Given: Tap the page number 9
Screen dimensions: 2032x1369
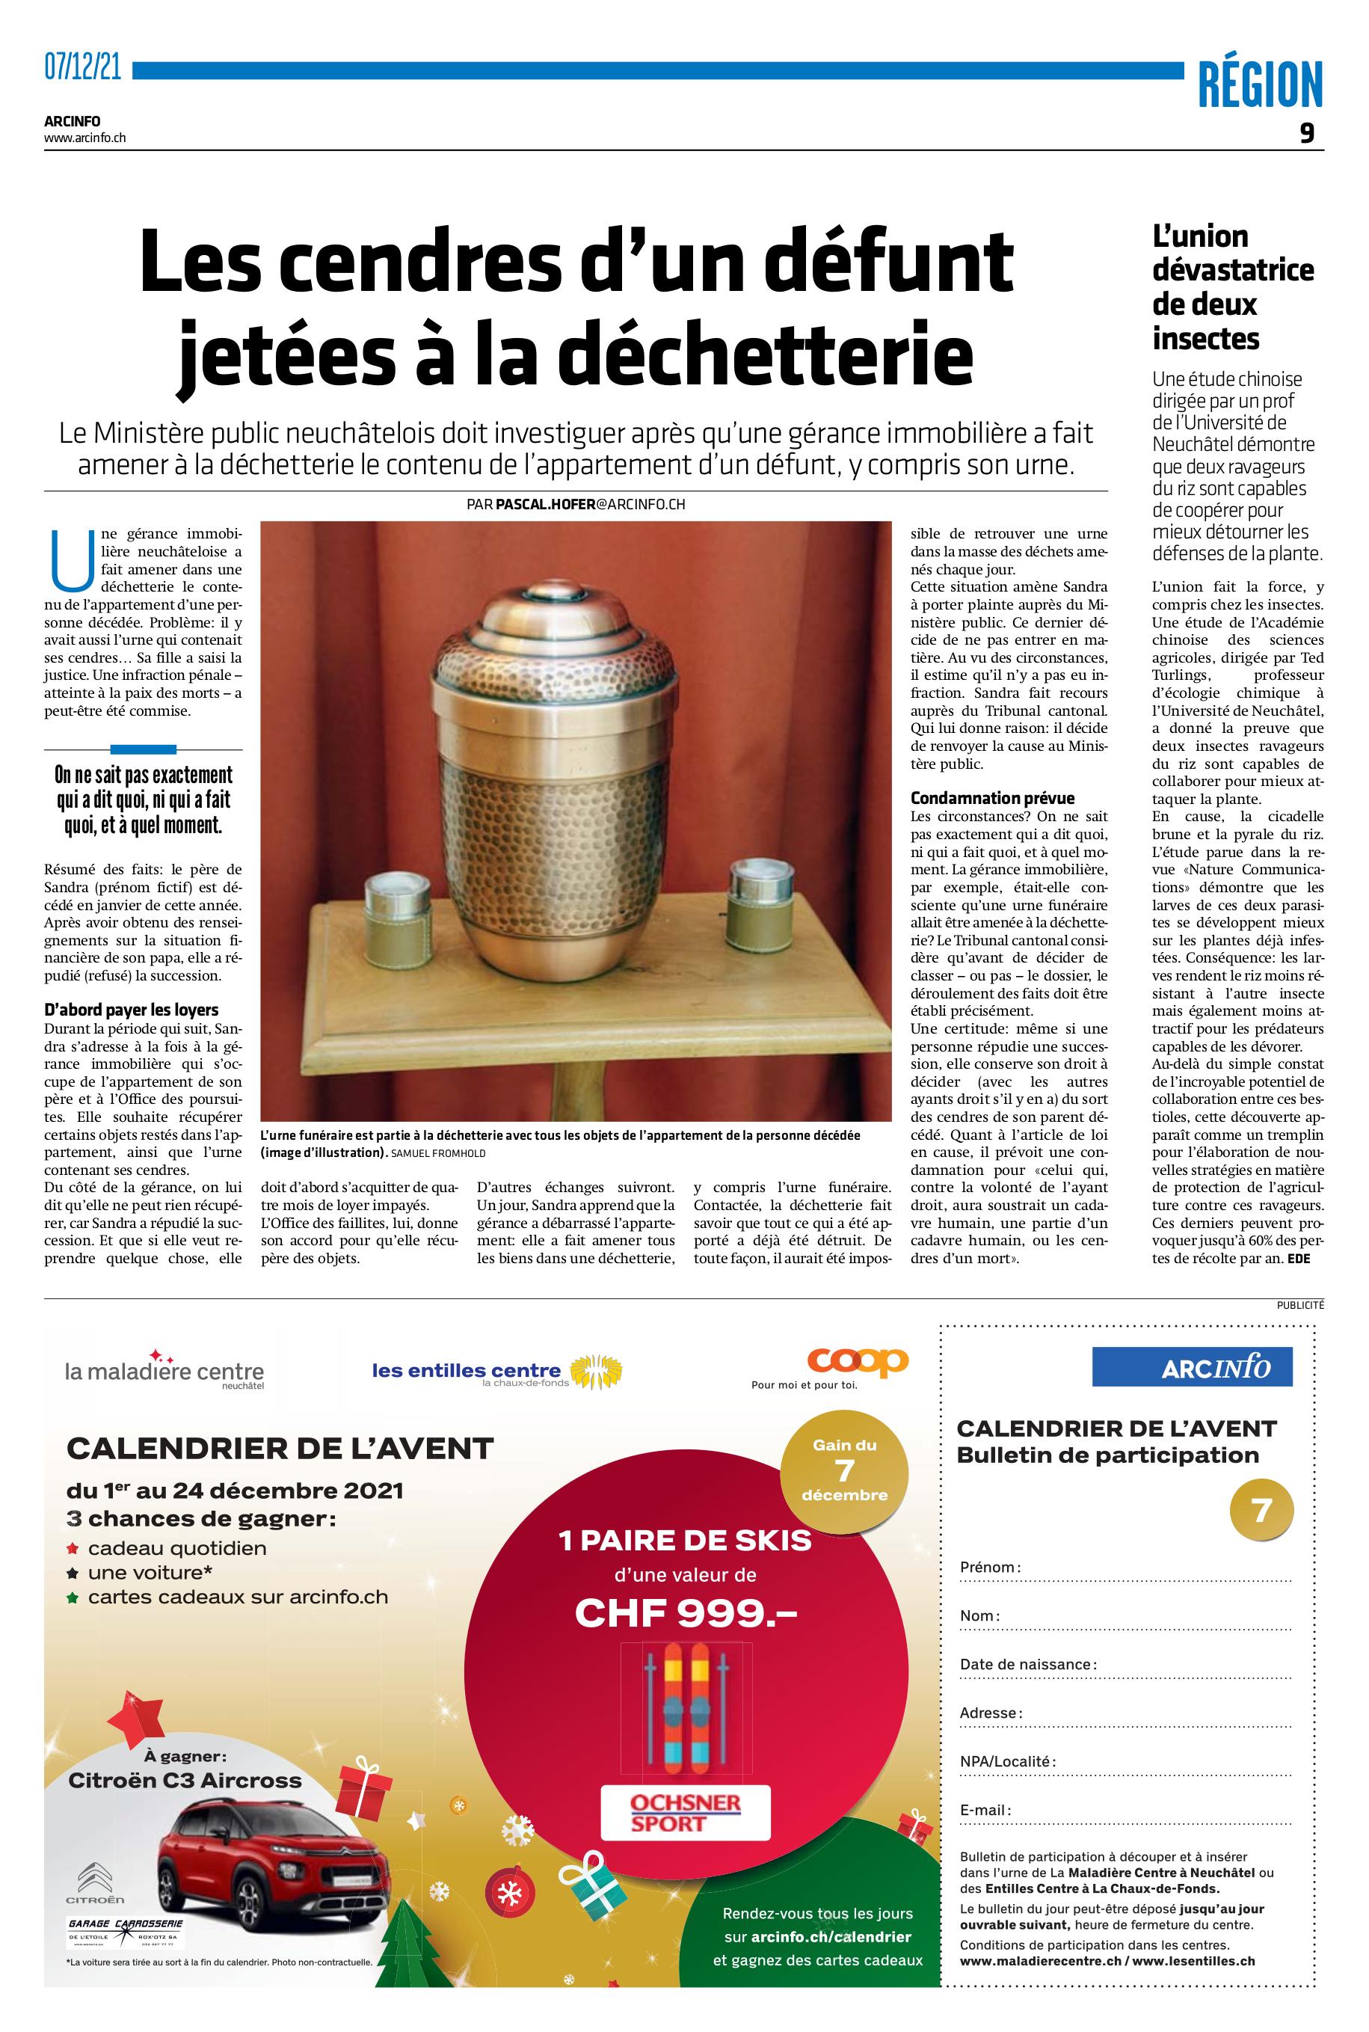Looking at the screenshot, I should [1306, 134].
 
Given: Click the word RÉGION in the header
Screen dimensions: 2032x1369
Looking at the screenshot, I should [1260, 85].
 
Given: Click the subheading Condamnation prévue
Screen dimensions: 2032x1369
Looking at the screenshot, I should [992, 798].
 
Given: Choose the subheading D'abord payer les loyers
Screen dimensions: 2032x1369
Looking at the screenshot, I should [131, 1010].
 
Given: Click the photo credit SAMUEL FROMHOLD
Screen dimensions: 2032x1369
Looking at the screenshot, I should [439, 1153].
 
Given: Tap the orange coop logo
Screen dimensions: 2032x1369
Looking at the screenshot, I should [857, 1360].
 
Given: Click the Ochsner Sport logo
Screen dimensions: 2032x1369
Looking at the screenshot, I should [686, 1813].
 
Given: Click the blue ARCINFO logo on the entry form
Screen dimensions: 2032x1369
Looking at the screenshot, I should [1191, 1367].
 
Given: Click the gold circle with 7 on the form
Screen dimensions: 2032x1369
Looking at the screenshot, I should [1261, 1510].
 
